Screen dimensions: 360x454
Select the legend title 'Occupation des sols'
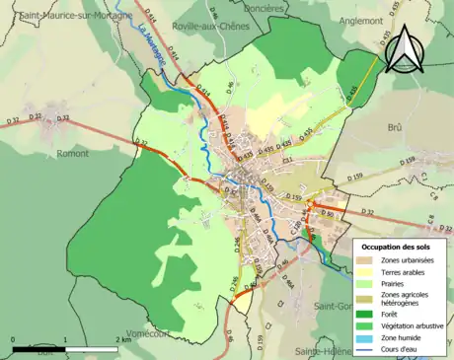[x=399, y=245]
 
